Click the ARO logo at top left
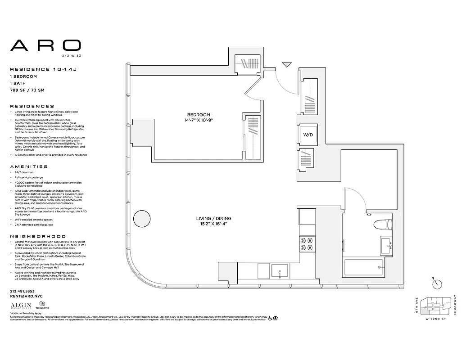click(x=45, y=45)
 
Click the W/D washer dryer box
click(x=308, y=135)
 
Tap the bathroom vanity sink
click(x=387, y=245)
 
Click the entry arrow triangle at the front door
click(x=286, y=65)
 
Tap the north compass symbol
click(x=436, y=284)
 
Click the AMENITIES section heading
click(x=28, y=166)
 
